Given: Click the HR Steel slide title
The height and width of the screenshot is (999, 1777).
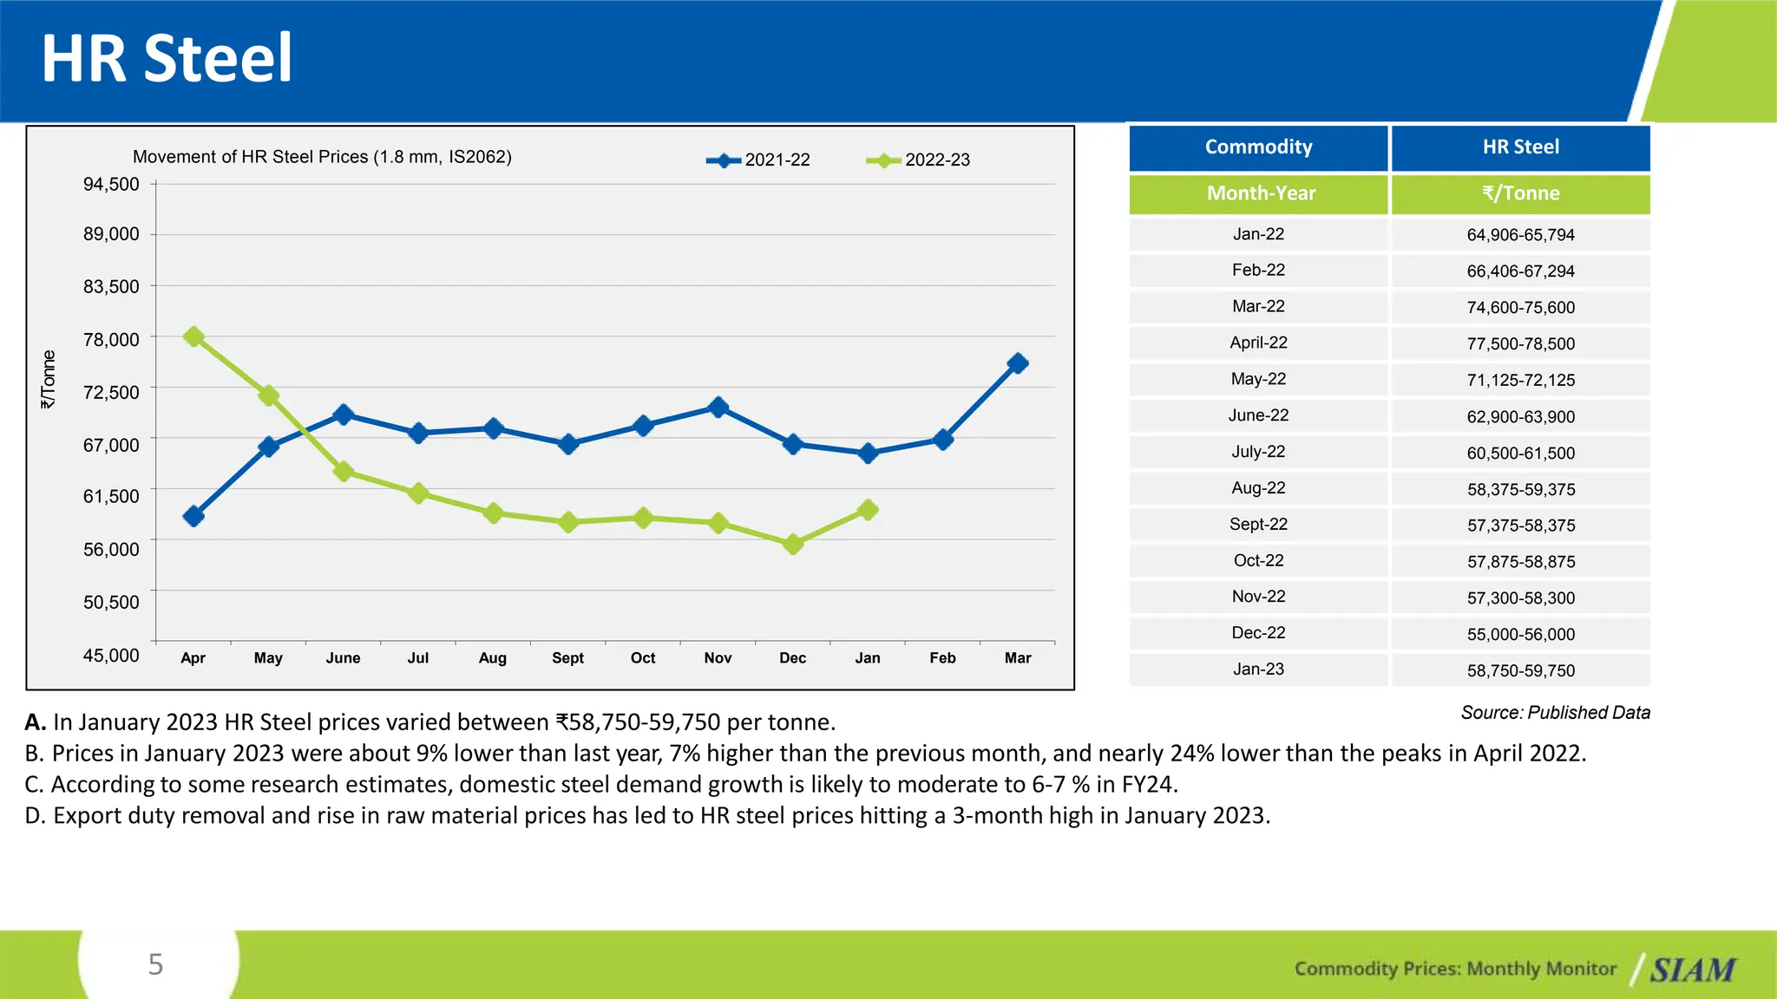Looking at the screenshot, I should tap(167, 58).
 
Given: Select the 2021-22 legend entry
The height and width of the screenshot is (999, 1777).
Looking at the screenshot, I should tap(758, 160).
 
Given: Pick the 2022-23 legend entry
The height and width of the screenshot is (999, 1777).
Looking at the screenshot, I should tap(919, 160).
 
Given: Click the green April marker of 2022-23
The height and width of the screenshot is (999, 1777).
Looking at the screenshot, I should tap(194, 336).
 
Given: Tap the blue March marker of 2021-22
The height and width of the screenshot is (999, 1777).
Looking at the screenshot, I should tap(1018, 363).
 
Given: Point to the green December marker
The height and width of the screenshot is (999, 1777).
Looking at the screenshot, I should tap(793, 545).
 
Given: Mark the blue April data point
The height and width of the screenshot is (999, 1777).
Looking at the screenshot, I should tap(194, 516).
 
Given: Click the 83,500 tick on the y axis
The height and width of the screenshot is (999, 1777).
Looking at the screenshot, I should tap(111, 287).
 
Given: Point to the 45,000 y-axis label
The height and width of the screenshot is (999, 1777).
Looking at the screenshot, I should tap(111, 656).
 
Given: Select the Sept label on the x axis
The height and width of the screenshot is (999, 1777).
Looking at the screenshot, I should tap(567, 658).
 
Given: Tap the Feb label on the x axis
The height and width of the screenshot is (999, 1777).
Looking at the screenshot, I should tap(942, 658).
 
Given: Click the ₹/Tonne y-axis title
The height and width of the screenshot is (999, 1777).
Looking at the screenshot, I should tap(49, 380).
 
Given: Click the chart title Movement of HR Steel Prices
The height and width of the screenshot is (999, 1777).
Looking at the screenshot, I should tap(322, 157).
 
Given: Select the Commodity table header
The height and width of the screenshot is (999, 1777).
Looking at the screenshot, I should tap(1258, 147).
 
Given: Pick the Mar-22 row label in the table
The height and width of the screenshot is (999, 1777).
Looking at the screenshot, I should tap(1258, 307).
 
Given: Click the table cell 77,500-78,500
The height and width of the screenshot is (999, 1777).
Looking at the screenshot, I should tap(1520, 344).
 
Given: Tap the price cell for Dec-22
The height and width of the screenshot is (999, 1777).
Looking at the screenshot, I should tap(1520, 635).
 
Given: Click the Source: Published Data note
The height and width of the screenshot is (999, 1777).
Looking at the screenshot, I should tap(1555, 713).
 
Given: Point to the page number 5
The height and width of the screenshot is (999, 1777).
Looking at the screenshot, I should tap(156, 964).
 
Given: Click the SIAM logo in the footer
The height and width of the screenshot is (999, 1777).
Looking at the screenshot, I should tap(1692, 970).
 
